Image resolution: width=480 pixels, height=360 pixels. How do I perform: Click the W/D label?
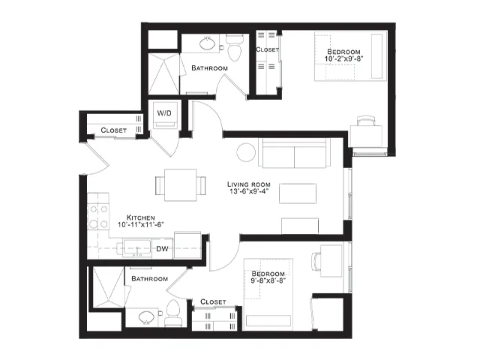point(164,113)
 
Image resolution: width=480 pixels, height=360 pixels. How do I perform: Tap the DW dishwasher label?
point(163,249)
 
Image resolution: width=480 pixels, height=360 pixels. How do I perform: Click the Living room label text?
point(249,184)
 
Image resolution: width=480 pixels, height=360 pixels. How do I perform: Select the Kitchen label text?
point(141,217)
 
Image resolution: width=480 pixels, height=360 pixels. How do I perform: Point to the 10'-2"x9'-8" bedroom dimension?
point(343,58)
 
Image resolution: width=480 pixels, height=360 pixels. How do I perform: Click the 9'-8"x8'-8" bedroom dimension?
point(268,280)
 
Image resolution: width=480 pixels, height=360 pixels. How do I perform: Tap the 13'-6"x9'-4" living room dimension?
point(249,192)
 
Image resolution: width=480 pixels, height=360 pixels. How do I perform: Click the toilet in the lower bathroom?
point(173,313)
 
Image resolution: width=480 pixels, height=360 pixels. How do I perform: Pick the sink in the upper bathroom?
point(208,43)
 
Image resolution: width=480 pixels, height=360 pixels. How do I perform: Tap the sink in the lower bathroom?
point(147,317)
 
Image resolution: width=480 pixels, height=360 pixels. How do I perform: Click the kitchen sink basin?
point(136,248)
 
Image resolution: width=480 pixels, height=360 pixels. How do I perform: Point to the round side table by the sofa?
point(246,152)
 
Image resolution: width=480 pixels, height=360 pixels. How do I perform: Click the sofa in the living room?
point(295,153)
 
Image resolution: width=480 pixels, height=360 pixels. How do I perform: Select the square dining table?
point(181,185)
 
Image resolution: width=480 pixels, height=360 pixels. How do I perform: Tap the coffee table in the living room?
point(298,193)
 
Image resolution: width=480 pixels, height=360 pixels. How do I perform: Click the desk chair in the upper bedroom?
point(366,121)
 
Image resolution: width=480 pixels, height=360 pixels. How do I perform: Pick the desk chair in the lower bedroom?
point(316,262)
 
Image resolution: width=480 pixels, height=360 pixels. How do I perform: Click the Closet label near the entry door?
point(113,130)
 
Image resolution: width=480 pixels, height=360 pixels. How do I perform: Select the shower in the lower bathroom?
point(108,286)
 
